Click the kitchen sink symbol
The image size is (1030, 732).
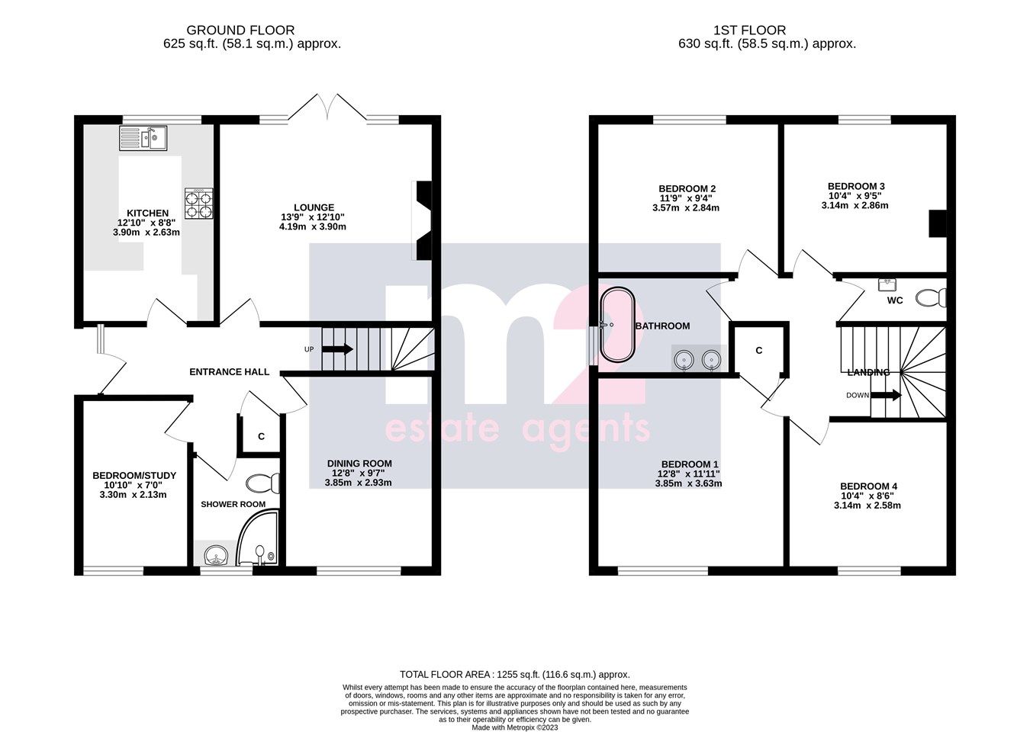tap(143, 139)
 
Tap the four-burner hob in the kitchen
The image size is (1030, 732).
tap(198, 204)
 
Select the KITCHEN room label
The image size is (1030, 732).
tap(147, 213)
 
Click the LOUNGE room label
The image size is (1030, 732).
tap(314, 207)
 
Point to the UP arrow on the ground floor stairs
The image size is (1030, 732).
tap(337, 349)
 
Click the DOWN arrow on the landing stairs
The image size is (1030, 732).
tap(886, 396)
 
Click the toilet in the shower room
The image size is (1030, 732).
tap(265, 483)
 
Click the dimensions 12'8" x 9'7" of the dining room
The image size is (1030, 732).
tap(359, 473)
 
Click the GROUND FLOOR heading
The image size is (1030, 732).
tap(230, 30)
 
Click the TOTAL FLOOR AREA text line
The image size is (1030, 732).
tap(515, 674)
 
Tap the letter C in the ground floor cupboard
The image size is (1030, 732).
tap(261, 437)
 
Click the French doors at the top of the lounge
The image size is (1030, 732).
tap(328, 107)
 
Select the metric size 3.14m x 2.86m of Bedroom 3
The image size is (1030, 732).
tap(858, 206)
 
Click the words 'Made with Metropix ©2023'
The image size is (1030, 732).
tap(515, 727)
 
